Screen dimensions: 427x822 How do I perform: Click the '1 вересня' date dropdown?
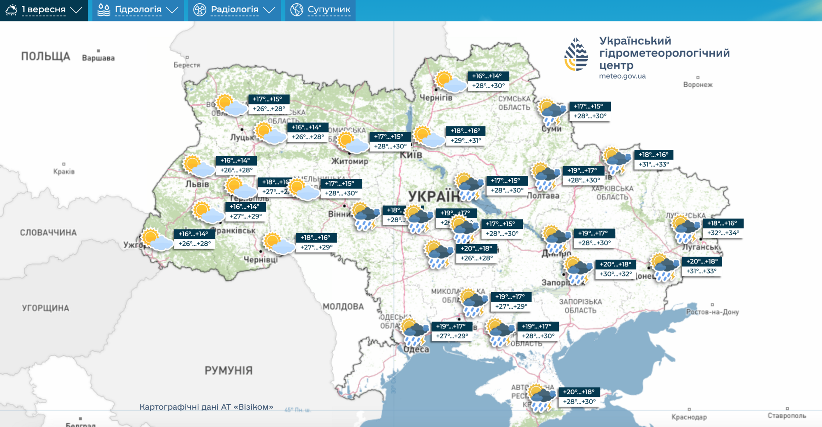[x=44, y=10]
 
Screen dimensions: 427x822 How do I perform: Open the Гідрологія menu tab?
[x=138, y=10]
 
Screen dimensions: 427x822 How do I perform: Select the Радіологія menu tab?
[x=234, y=10]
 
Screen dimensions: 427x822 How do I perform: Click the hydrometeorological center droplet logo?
[x=576, y=54]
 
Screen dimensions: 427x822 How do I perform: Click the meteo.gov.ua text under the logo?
[x=622, y=76]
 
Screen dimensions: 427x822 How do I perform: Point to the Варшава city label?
[x=98, y=58]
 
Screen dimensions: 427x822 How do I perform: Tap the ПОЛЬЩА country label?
[x=46, y=56]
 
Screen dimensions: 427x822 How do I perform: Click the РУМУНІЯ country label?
[x=229, y=371]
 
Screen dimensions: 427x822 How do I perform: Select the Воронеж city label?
[x=697, y=85]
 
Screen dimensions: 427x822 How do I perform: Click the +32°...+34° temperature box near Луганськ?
[x=723, y=233]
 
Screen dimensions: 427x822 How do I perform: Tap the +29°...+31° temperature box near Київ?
[x=465, y=141]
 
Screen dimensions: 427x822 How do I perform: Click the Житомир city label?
[x=350, y=161]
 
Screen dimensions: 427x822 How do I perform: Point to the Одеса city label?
[x=416, y=349]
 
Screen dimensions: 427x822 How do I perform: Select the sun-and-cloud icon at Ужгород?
[x=156, y=240]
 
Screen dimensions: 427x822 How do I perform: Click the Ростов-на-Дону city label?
[x=712, y=312]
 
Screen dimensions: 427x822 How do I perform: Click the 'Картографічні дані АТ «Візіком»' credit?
[x=206, y=407]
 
